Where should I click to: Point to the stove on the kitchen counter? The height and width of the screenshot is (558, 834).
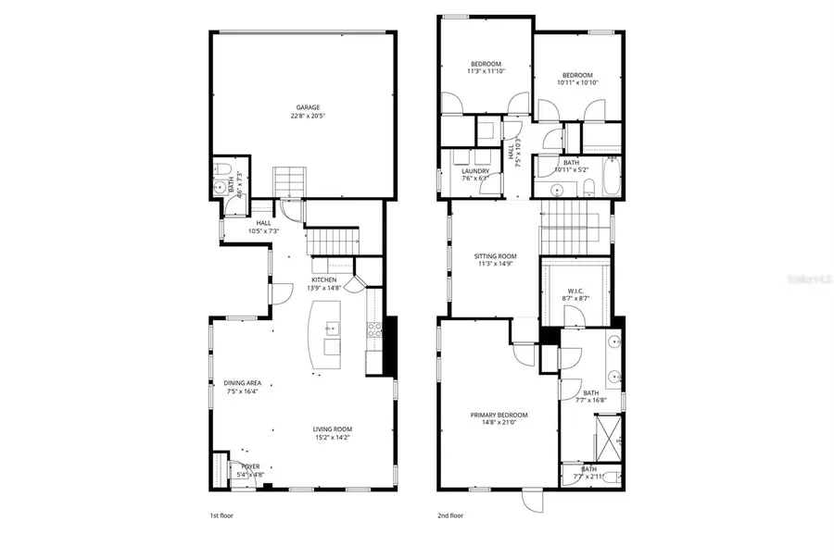375,329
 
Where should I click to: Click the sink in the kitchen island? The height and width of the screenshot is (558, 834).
331,328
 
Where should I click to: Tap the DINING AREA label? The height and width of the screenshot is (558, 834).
242,382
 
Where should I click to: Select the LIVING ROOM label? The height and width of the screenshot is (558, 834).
332,428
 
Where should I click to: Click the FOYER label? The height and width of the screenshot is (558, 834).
250,466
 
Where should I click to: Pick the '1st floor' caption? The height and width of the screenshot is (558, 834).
222,515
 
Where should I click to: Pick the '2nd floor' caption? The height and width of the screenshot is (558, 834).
450,515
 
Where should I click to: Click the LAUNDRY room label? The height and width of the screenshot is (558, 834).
475,170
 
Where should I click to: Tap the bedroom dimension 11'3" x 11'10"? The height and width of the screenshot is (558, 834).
486,71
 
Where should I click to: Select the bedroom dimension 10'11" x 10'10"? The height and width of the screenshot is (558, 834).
577,82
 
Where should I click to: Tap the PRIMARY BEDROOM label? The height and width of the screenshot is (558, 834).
499,415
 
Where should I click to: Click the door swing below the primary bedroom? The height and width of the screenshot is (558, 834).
533,499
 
